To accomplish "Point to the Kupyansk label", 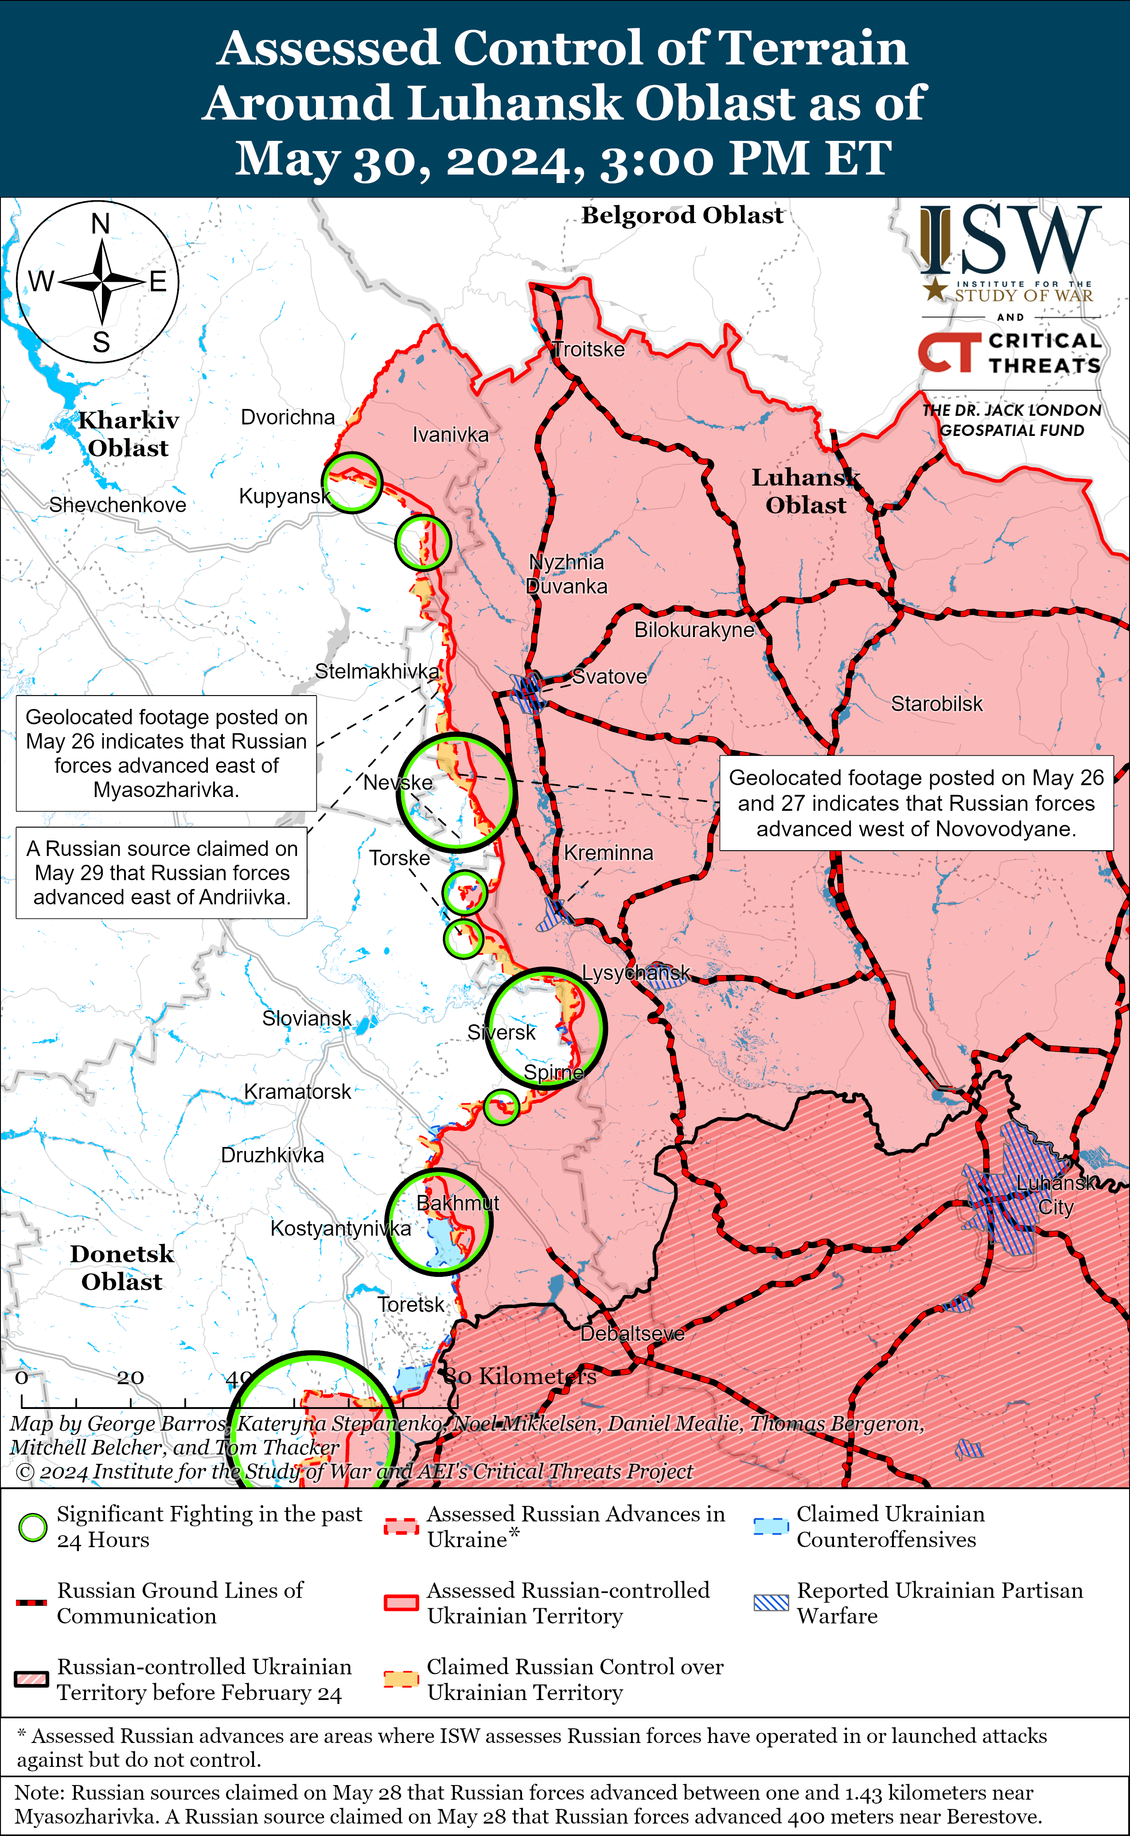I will click(x=284, y=496).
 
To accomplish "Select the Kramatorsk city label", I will click(x=297, y=1092).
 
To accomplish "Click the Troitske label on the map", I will click(x=589, y=350).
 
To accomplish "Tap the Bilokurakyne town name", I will click(x=694, y=630).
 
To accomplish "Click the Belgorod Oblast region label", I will click(x=682, y=215).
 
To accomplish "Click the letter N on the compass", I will click(x=100, y=223).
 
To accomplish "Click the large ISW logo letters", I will click(x=1010, y=241).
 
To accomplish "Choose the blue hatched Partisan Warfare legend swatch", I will click(x=771, y=1603).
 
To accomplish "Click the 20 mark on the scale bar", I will click(x=130, y=1377).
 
